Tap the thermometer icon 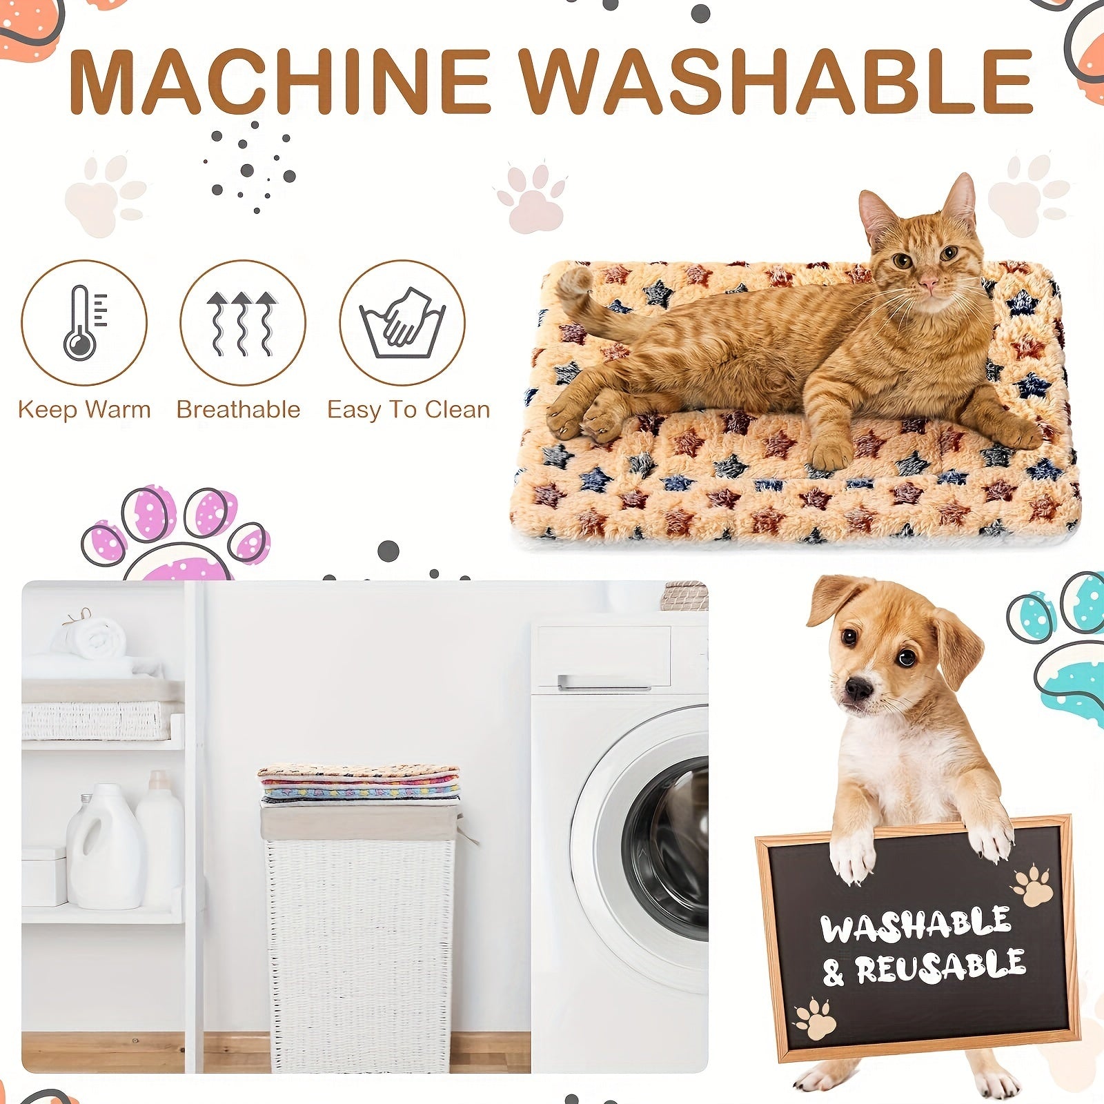(83, 323)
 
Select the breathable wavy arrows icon (242, 323)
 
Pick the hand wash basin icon (402, 323)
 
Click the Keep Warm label (84, 409)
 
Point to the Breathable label (238, 409)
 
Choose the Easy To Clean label (408, 409)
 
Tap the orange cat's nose (929, 284)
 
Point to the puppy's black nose (858, 688)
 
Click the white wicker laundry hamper (359, 952)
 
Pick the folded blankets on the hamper (359, 783)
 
